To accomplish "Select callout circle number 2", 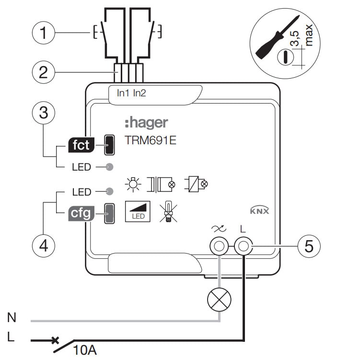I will (44, 72).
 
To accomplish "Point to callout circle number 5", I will (309, 246).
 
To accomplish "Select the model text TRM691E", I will (151, 141).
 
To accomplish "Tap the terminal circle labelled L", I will (243, 247).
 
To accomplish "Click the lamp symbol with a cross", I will (219, 301).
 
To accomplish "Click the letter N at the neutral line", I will (12, 317).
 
